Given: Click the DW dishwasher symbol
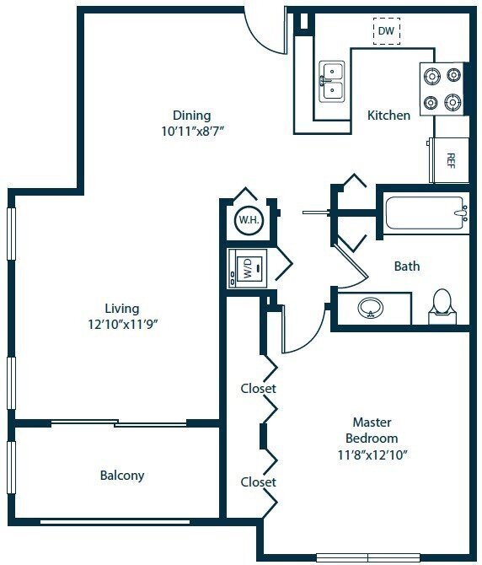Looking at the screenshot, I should point(386,31).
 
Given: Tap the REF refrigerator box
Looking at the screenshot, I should point(449,159).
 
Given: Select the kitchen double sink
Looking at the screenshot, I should point(331,80).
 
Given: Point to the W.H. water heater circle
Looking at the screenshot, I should point(248,221).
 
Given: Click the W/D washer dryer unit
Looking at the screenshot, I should point(249,269).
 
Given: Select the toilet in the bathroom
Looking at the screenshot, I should point(442,307).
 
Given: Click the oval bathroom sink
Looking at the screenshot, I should point(371,309).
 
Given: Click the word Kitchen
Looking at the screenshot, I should point(388,115).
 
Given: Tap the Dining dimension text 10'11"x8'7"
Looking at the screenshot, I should point(191,131).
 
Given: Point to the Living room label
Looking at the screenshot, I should point(122,308).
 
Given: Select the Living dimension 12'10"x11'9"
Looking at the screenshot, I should point(122,324).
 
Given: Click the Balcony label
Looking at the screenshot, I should point(122,476).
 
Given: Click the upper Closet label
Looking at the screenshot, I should point(258,389).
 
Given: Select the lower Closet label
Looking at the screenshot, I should point(258,482).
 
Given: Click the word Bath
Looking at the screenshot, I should point(407,266).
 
